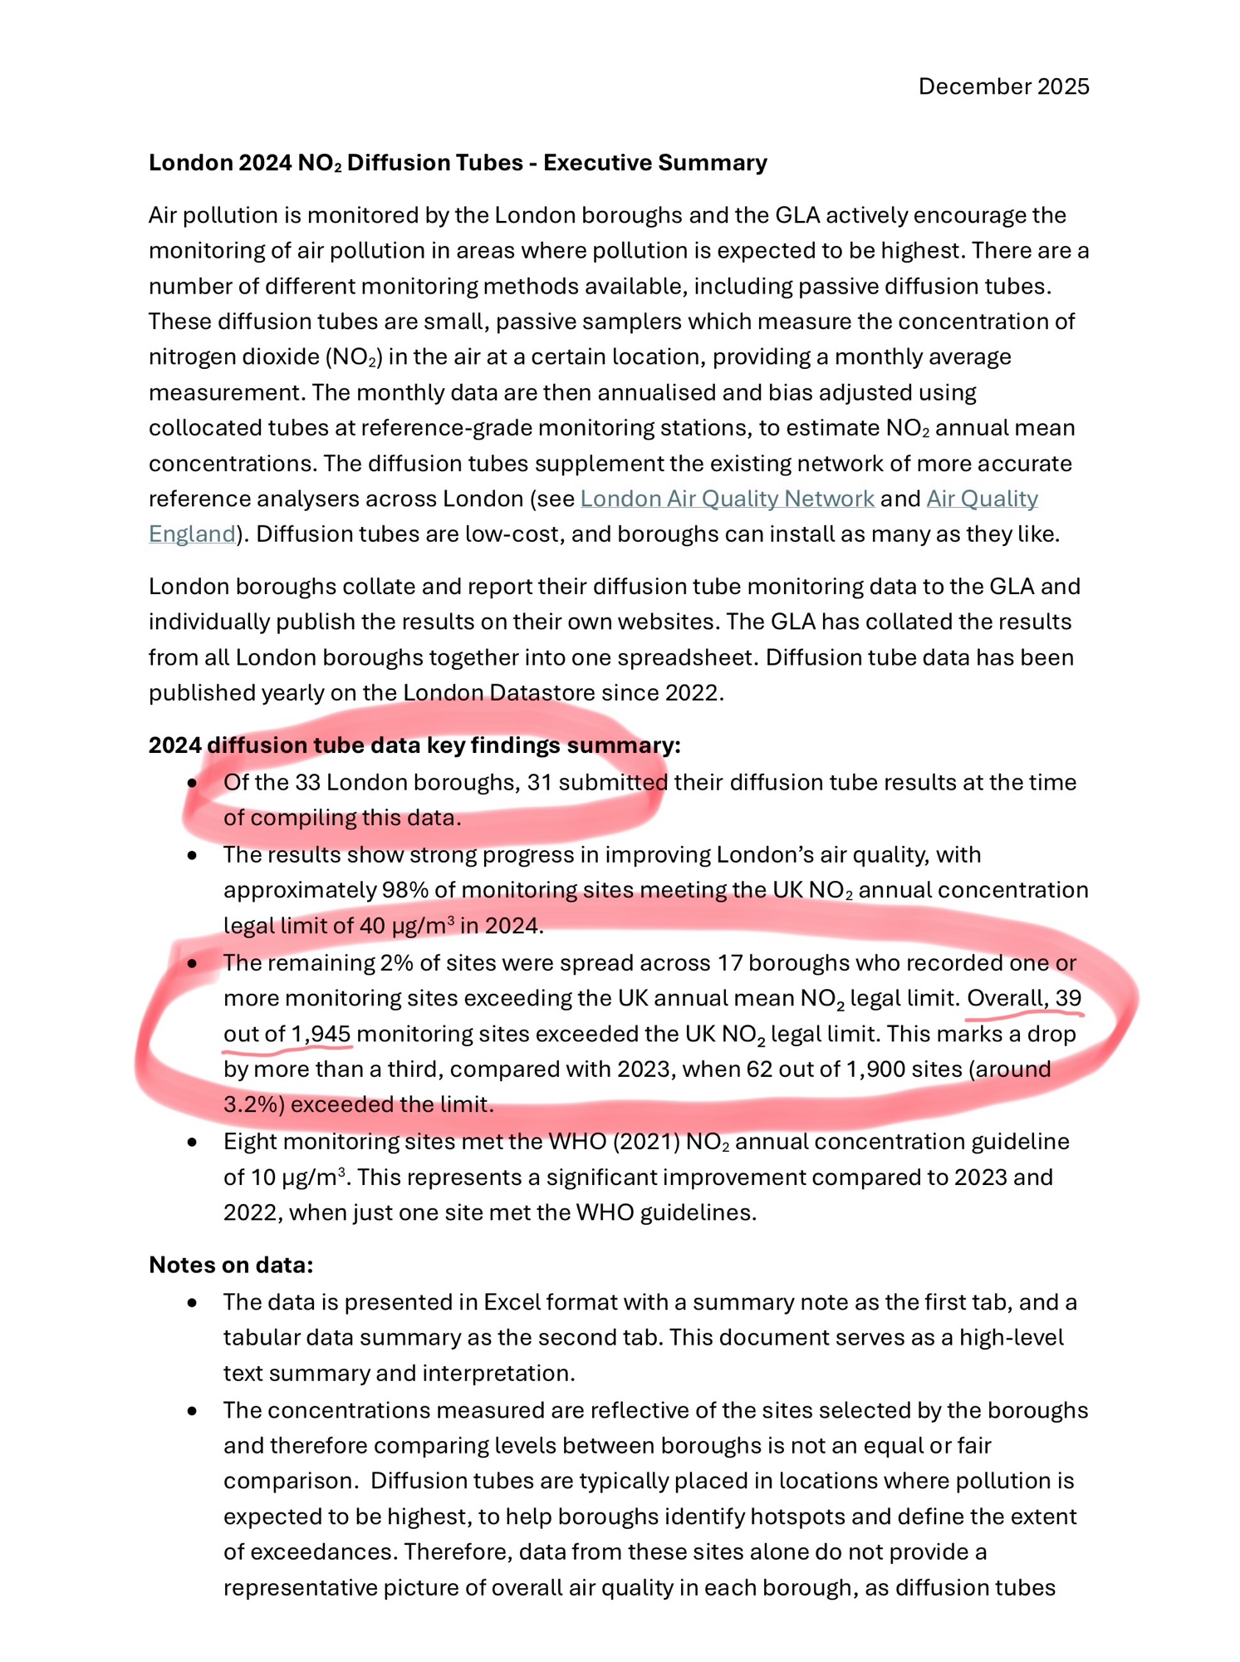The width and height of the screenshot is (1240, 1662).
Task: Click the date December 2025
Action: pyautogui.click(x=1002, y=86)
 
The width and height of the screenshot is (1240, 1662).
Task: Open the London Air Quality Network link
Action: pyautogui.click(x=727, y=499)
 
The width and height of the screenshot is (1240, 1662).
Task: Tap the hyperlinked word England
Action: pyautogui.click(x=192, y=534)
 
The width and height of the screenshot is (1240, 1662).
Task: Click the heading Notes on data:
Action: pyautogui.click(x=231, y=1265)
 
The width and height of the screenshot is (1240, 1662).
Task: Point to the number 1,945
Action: pyautogui.click(x=321, y=1035)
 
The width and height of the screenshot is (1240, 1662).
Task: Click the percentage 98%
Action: pyautogui.click(x=404, y=890)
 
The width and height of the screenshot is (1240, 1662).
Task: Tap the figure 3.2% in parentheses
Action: pyautogui.click(x=252, y=1105)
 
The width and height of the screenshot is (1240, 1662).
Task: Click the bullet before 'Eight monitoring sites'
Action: pyautogui.click(x=193, y=1143)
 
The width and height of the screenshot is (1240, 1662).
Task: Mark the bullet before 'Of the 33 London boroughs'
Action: pyautogui.click(x=193, y=783)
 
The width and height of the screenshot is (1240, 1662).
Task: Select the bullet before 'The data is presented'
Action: pyautogui.click(x=193, y=1303)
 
